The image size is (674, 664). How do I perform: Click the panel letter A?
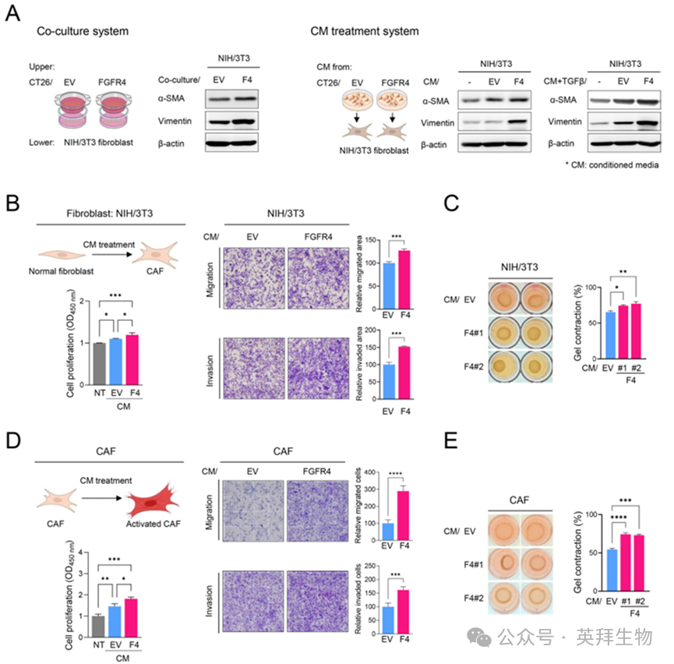[13, 15]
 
